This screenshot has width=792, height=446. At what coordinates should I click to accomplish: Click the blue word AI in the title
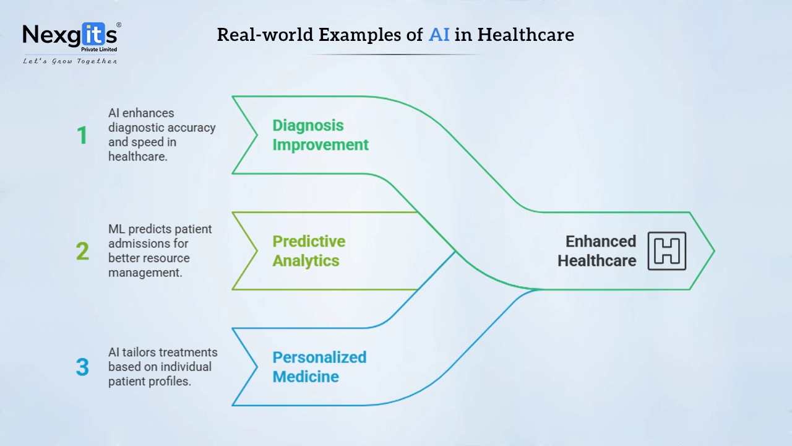click(x=439, y=35)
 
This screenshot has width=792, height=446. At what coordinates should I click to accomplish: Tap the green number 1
click(x=82, y=135)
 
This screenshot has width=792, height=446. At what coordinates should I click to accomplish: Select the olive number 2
click(x=82, y=251)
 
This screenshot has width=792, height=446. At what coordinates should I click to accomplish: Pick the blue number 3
click(x=82, y=367)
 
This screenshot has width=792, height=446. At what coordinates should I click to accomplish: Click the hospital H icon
click(x=667, y=251)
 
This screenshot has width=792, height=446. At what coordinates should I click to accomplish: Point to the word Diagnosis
click(x=308, y=126)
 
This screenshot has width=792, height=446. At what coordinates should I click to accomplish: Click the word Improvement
click(x=321, y=145)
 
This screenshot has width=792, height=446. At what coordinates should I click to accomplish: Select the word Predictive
click(x=309, y=242)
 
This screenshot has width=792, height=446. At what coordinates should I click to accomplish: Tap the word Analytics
click(x=306, y=261)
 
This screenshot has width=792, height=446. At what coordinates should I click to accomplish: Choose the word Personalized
click(x=319, y=357)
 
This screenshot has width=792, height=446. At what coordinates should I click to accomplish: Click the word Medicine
click(x=306, y=377)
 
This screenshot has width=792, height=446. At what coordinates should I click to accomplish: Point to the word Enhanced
click(x=601, y=242)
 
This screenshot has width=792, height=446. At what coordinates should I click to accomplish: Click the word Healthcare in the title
click(x=526, y=35)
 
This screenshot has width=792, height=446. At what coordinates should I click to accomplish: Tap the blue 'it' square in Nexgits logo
click(x=94, y=34)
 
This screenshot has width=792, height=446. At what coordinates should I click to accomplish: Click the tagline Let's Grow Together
click(x=70, y=61)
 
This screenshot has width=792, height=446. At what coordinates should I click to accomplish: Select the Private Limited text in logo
click(x=99, y=50)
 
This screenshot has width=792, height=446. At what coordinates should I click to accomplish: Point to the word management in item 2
click(x=145, y=273)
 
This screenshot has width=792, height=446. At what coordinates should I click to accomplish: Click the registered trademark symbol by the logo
click(x=119, y=25)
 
